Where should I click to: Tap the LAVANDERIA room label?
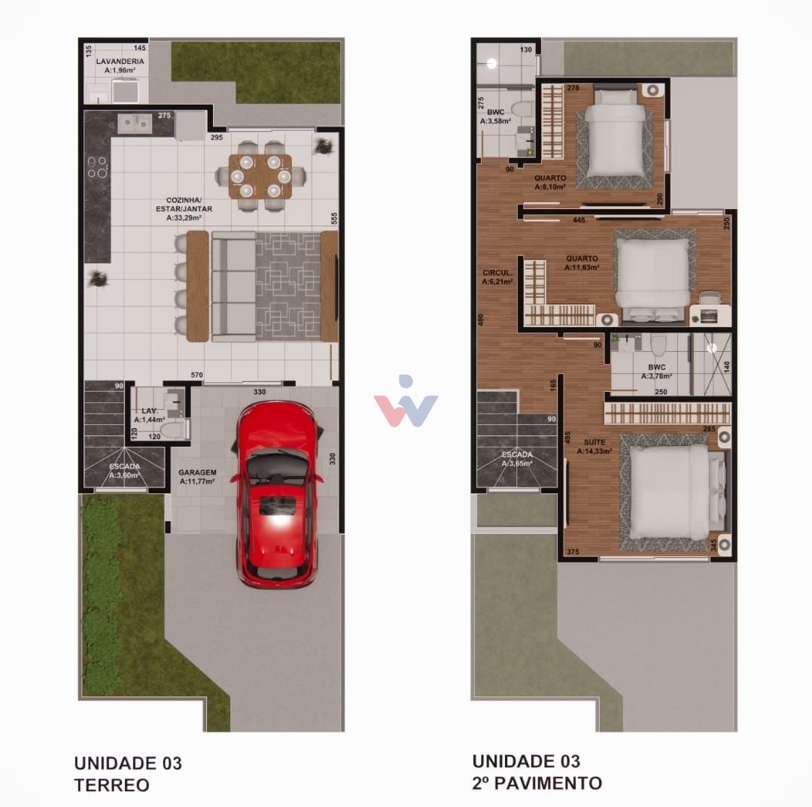pyautogui.click(x=120, y=61)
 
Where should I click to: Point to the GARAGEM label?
pyautogui.click(x=197, y=473)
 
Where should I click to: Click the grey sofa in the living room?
pyautogui.click(x=233, y=286)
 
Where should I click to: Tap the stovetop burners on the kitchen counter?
pyautogui.click(x=96, y=167)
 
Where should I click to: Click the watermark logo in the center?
pyautogui.click(x=406, y=402)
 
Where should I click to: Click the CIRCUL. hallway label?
pyautogui.click(x=497, y=273)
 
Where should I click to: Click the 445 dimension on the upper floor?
pyautogui.click(x=579, y=220)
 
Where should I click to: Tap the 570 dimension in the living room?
pyautogui.click(x=197, y=375)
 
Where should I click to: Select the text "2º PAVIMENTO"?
pyautogui.click(x=537, y=783)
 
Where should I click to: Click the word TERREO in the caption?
pyautogui.click(x=111, y=785)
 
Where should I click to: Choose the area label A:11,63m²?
pyautogui.click(x=582, y=267)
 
